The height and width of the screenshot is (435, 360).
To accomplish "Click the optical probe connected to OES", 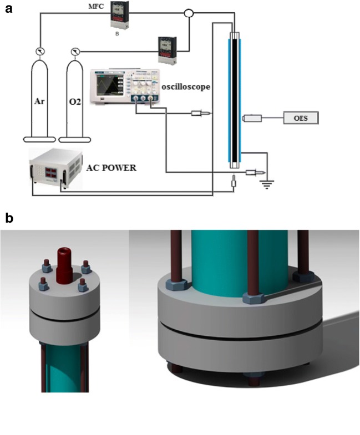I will click(x=251, y=118).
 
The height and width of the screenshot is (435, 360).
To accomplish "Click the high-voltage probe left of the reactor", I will click(x=200, y=114).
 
